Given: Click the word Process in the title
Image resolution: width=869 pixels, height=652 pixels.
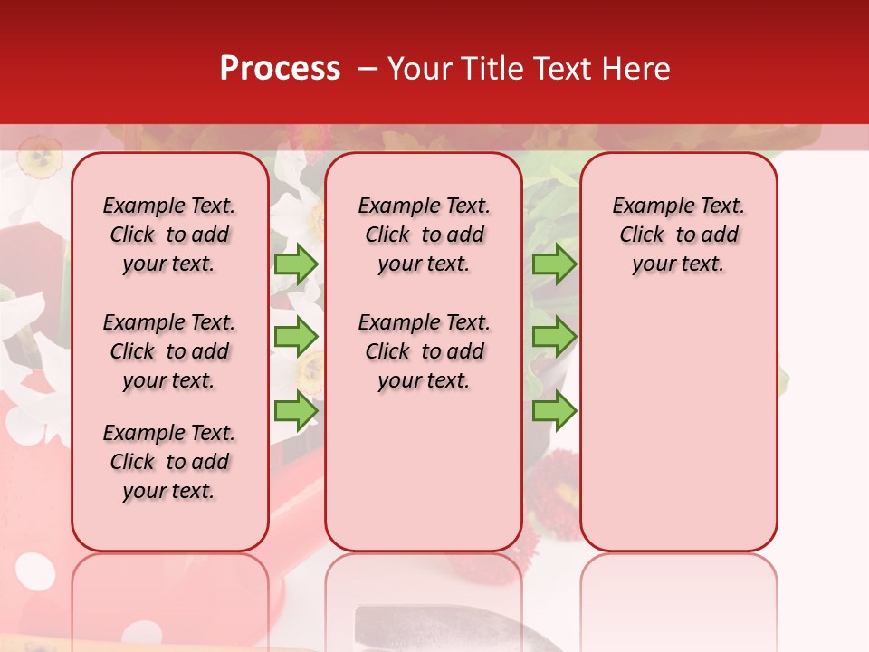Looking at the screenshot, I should click(280, 69).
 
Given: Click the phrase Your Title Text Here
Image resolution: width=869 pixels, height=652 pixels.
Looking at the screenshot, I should click(529, 69).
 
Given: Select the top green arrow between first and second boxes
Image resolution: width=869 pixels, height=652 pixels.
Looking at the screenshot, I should click(296, 264).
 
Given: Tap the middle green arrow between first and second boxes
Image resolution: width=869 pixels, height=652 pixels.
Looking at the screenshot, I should click(296, 337).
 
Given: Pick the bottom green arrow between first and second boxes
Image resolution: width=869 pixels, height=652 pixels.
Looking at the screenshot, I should click(296, 410).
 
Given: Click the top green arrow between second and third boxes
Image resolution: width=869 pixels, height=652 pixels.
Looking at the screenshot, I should click(554, 264).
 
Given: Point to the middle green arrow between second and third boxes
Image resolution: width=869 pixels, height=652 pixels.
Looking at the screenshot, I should click(554, 337).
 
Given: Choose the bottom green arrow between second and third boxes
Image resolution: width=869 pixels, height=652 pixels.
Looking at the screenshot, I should click(554, 410).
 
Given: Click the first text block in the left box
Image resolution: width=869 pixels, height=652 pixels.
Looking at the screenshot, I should click(169, 235).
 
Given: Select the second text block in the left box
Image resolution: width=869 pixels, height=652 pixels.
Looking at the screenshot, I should click(169, 351).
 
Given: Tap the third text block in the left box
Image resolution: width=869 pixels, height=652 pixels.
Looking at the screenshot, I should click(169, 462).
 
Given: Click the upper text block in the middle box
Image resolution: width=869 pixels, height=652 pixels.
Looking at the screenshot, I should click(424, 235).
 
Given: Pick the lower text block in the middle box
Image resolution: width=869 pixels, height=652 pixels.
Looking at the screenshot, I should click(424, 351).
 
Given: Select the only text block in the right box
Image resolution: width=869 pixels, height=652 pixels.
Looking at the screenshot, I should click(678, 235).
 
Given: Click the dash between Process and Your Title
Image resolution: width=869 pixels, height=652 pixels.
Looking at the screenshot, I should click(367, 70).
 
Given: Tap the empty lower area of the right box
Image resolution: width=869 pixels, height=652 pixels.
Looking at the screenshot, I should click(678, 435).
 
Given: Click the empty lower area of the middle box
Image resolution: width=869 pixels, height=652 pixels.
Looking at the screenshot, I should click(424, 471).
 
